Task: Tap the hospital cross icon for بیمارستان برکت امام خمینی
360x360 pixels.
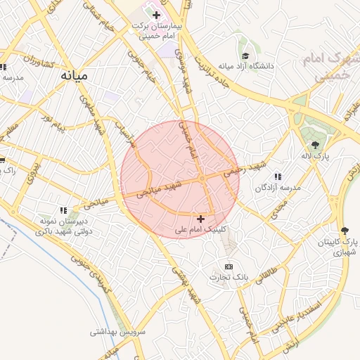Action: click(156, 15)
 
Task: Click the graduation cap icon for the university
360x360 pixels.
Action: click(245, 56)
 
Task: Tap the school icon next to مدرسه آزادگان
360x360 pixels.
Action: click(278, 176)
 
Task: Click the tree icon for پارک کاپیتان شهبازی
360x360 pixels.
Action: click(344, 231)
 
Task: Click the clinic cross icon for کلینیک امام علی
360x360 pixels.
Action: click(201, 219)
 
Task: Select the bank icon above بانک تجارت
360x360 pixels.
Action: click(229, 266)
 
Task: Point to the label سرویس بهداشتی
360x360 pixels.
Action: click(117, 330)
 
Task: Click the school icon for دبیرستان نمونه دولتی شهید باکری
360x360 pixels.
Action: click(63, 210)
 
